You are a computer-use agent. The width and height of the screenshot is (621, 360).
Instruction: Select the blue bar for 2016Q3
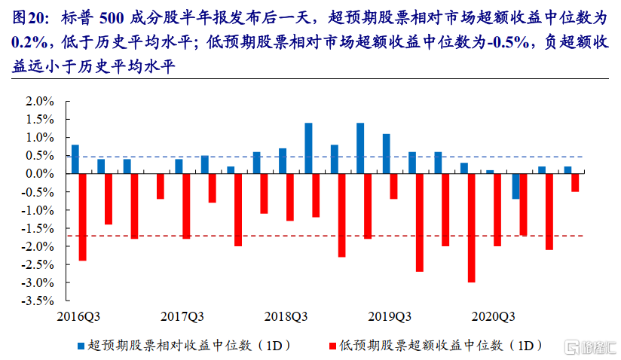pos(75,159)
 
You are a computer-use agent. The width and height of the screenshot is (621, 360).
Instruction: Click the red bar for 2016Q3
pos(83,217)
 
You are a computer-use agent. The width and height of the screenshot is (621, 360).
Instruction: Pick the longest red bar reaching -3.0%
pos(471,227)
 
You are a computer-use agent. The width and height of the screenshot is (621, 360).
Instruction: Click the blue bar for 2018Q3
pos(308,148)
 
